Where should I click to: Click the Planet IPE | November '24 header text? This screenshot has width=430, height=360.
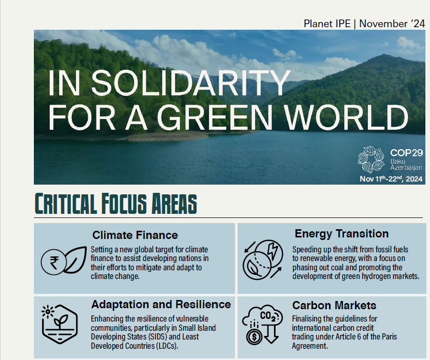point(364,24)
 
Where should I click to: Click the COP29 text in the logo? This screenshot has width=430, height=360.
point(406,153)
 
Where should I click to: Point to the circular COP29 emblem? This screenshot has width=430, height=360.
point(371,159)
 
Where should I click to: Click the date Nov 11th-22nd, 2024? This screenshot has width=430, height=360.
point(391,178)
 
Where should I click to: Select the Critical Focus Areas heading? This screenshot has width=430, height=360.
point(116,204)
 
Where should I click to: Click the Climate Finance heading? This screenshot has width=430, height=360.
point(135,235)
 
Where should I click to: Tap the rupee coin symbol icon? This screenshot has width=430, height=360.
point(54,262)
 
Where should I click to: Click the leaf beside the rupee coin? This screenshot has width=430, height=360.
point(74,259)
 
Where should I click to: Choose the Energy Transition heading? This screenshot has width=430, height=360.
point(342,234)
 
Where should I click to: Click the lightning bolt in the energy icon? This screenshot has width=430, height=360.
point(273,251)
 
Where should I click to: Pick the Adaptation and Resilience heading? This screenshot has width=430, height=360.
point(161,305)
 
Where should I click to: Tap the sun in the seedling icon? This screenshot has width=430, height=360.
point(48,312)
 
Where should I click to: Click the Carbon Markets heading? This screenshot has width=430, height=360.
point(334,305)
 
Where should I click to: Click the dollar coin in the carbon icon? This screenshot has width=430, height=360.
point(254,337)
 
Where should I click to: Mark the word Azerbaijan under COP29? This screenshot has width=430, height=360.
point(406,168)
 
